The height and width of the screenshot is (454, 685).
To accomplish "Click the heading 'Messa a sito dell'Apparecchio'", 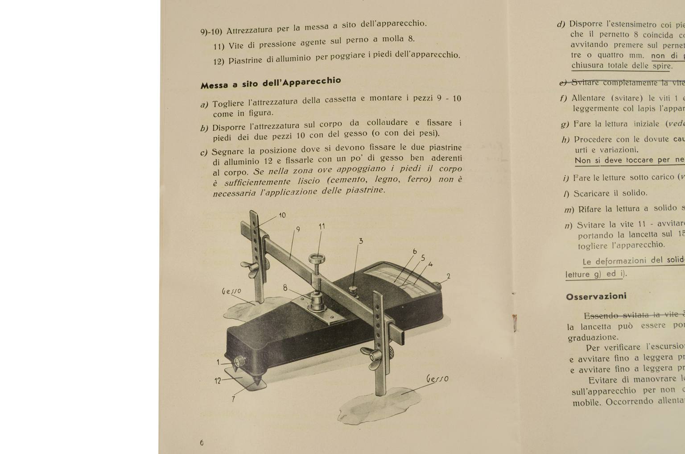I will pyautogui.click(x=270, y=83).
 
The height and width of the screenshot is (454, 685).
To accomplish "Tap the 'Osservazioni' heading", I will pyautogui.click(x=596, y=296).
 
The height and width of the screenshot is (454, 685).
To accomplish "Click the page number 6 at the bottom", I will pyautogui.click(x=202, y=443).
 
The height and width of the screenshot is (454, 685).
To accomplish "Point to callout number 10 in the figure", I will pyautogui.click(x=282, y=215).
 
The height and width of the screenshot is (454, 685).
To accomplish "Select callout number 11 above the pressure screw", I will pyautogui.click(x=322, y=226).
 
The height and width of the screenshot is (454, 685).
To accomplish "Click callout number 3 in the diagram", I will pyautogui.click(x=361, y=241).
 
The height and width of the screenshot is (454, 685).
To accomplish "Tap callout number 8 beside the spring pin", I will pyautogui.click(x=285, y=288).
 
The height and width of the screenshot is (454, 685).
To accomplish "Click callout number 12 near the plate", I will pyautogui.click(x=218, y=381).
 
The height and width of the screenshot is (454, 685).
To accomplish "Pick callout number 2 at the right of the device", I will pyautogui.click(x=448, y=276).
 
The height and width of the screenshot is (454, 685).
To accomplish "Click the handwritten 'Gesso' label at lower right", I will pyautogui.click(x=437, y=379).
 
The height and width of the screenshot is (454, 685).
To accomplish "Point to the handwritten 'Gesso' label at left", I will pyautogui.click(x=231, y=291).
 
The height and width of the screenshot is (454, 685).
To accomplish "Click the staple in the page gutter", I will pyautogui.click(x=515, y=323).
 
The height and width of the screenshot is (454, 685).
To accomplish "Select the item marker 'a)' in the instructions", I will pyautogui.click(x=204, y=105).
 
